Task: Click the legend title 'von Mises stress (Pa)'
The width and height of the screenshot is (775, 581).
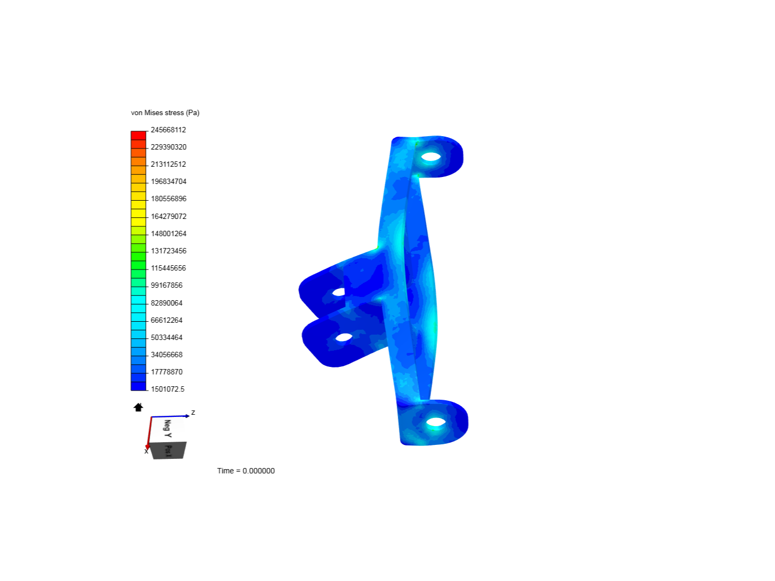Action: [165, 113]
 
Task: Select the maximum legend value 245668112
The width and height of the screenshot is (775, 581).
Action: [168, 130]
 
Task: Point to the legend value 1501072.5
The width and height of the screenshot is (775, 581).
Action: [167, 389]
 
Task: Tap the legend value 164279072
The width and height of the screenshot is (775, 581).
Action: [168, 216]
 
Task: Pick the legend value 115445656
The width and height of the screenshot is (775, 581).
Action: [168, 268]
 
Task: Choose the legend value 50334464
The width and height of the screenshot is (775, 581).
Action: [166, 338]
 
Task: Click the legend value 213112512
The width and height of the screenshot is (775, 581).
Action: [168, 165]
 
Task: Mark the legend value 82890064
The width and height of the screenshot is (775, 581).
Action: [166, 303]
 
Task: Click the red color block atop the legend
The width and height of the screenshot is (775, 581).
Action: [138, 136]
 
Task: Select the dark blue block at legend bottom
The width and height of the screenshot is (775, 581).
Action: [138, 386]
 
